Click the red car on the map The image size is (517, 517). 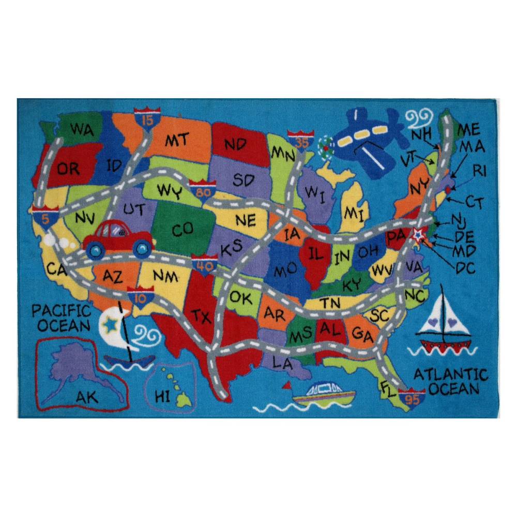(119, 239)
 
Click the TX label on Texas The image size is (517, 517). (201, 315)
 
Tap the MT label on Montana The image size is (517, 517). (177, 140)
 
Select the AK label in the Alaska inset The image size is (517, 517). (86, 397)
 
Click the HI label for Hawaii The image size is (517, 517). (162, 397)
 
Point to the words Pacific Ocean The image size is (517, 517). (61, 318)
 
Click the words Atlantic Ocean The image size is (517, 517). (450, 381)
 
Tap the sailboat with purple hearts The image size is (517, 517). (443, 323)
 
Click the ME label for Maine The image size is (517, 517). (468, 129)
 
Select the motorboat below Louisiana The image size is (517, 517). (323, 394)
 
